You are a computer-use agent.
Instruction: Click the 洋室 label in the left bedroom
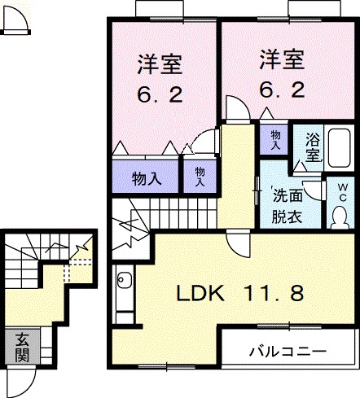click(x=158, y=63)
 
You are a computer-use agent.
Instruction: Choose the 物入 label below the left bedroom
click(x=145, y=177)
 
